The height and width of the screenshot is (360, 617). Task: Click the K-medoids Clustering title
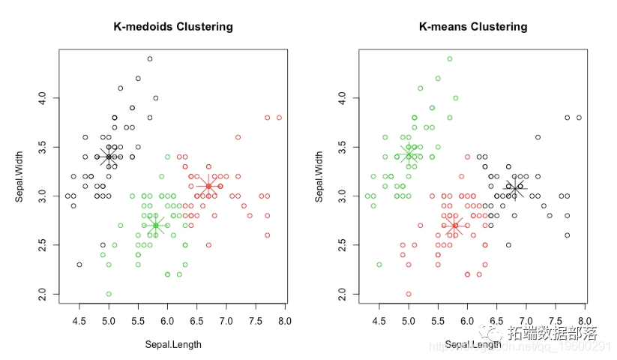coord(173,27)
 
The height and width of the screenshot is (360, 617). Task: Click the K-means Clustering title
coord(473,27)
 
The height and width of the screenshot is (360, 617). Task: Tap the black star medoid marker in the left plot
coord(109,157)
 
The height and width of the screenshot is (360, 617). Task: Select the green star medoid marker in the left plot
coord(156,225)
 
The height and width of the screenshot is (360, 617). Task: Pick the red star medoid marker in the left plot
coord(208,186)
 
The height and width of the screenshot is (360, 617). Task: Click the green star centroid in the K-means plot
coord(409,154)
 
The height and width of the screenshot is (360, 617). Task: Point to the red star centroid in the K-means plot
coord(455,225)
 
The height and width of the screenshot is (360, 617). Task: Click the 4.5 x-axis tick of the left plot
coord(79,322)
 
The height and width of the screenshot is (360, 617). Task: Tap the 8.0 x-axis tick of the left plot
coord(284,322)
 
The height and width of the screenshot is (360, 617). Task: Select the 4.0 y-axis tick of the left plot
coord(43,97)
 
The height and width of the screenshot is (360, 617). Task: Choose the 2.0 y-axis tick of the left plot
coord(43,294)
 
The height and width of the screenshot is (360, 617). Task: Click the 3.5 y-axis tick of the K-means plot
coord(343,147)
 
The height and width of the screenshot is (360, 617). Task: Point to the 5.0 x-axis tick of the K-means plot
coord(409,322)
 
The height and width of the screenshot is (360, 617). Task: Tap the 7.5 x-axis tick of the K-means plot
coord(556,322)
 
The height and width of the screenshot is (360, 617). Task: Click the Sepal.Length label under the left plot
coord(173,345)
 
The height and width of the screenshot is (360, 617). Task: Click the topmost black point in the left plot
coord(150,58)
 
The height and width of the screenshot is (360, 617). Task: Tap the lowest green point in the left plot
coord(109,294)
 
